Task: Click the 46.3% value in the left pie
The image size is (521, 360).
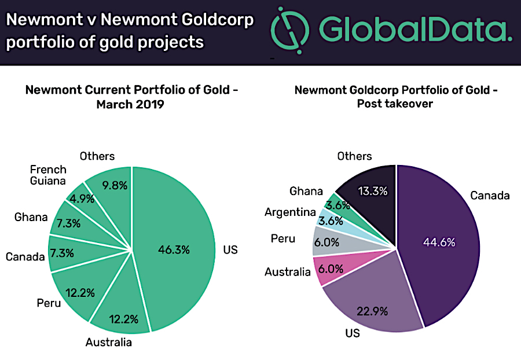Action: click(x=174, y=249)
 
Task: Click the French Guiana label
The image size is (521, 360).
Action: click(x=48, y=175)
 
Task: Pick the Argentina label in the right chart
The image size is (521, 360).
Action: click(x=290, y=212)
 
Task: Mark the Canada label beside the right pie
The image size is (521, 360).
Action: click(x=490, y=195)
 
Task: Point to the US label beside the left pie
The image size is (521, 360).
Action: click(x=230, y=249)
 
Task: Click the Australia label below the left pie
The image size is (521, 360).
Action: click(x=109, y=342)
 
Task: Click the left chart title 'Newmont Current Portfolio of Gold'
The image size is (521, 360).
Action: click(x=131, y=90)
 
